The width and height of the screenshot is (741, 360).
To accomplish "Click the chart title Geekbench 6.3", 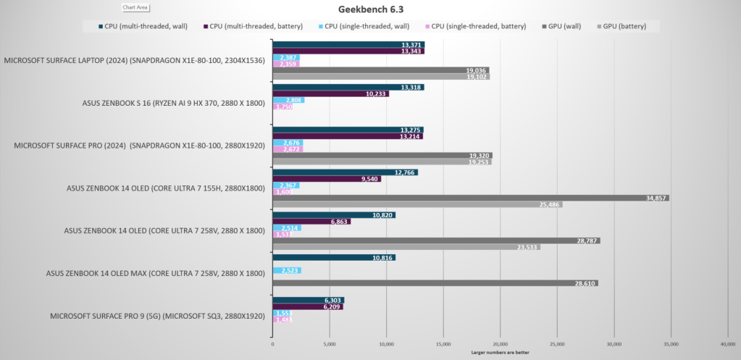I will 369,9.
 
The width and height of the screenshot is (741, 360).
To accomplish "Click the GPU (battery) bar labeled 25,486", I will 416,205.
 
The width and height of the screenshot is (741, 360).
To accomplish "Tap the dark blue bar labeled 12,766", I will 344,172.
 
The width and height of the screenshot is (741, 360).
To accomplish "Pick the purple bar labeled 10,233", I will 330,93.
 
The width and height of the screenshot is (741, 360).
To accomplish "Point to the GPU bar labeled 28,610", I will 435,283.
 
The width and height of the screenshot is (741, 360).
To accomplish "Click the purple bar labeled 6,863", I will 311,222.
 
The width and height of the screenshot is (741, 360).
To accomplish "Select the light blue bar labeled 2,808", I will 288,100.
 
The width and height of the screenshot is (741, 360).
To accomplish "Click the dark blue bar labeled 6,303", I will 307,300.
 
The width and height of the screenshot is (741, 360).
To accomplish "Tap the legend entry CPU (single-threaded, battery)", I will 477,26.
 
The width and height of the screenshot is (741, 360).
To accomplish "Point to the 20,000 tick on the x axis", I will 501,344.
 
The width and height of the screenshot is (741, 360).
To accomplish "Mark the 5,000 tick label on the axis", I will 330,344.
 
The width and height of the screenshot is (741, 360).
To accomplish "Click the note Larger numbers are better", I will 500,353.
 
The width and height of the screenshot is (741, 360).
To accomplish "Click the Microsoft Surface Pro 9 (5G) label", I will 157,317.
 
